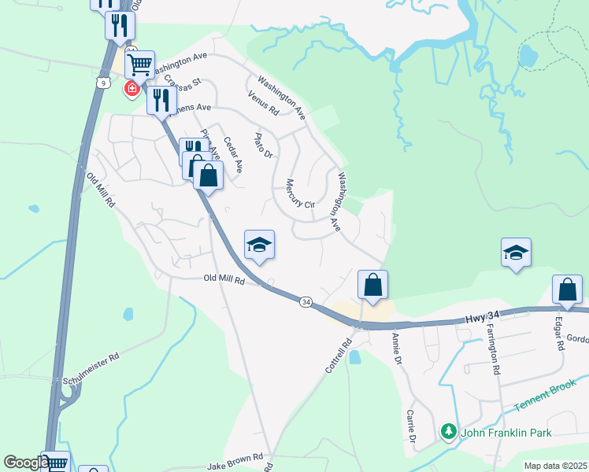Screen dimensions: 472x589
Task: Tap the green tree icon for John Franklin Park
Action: point(449,432)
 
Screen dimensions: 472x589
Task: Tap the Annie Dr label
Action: point(397,349)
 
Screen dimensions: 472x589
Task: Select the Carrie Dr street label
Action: point(411,426)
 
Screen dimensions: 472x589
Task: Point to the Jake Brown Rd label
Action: point(235,459)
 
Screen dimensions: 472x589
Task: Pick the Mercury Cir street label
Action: point(299,192)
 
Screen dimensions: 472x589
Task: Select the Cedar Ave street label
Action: point(233,155)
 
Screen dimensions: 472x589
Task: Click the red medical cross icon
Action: point(132,89)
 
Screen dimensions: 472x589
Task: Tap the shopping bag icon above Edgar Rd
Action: point(567,289)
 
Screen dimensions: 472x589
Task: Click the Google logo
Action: point(25,463)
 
